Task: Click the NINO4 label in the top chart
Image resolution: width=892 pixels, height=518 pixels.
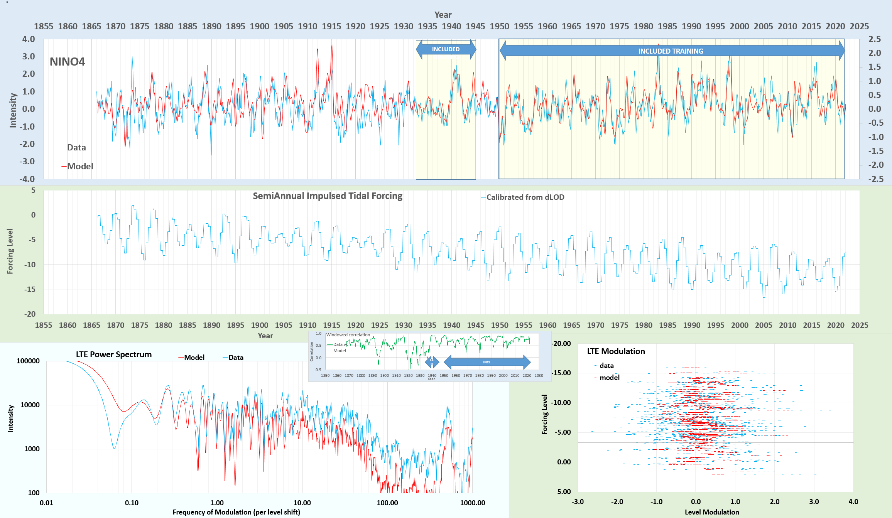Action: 68,62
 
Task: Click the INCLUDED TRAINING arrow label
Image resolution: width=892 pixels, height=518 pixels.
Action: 671,51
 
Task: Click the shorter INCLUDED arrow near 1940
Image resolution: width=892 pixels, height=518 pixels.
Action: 446,49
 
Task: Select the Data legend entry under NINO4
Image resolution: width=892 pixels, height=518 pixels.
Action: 76,147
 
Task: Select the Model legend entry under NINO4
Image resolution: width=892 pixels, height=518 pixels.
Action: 80,166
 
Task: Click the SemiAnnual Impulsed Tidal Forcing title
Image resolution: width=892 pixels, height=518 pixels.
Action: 328,196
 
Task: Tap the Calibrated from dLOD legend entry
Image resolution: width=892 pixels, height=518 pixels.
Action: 525,197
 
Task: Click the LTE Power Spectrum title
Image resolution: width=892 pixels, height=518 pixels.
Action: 114,354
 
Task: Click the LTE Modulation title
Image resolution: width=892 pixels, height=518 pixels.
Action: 616,351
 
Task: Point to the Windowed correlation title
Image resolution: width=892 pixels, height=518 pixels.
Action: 348,335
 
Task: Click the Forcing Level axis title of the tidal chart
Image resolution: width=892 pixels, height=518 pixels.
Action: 10,251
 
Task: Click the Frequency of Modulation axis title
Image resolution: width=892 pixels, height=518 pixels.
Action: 236,512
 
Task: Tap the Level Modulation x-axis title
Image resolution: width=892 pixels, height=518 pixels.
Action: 712,512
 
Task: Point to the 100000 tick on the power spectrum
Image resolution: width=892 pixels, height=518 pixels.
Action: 28,361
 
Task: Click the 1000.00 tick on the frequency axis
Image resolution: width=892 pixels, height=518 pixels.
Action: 472,503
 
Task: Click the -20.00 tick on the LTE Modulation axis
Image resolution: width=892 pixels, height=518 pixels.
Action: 561,344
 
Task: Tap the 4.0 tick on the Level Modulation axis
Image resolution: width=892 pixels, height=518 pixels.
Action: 853,501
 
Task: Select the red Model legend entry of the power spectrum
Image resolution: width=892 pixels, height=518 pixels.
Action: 194,358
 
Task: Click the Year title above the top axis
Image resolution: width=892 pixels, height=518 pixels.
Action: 443,15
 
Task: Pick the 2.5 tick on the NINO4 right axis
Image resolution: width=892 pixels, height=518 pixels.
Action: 874,39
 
